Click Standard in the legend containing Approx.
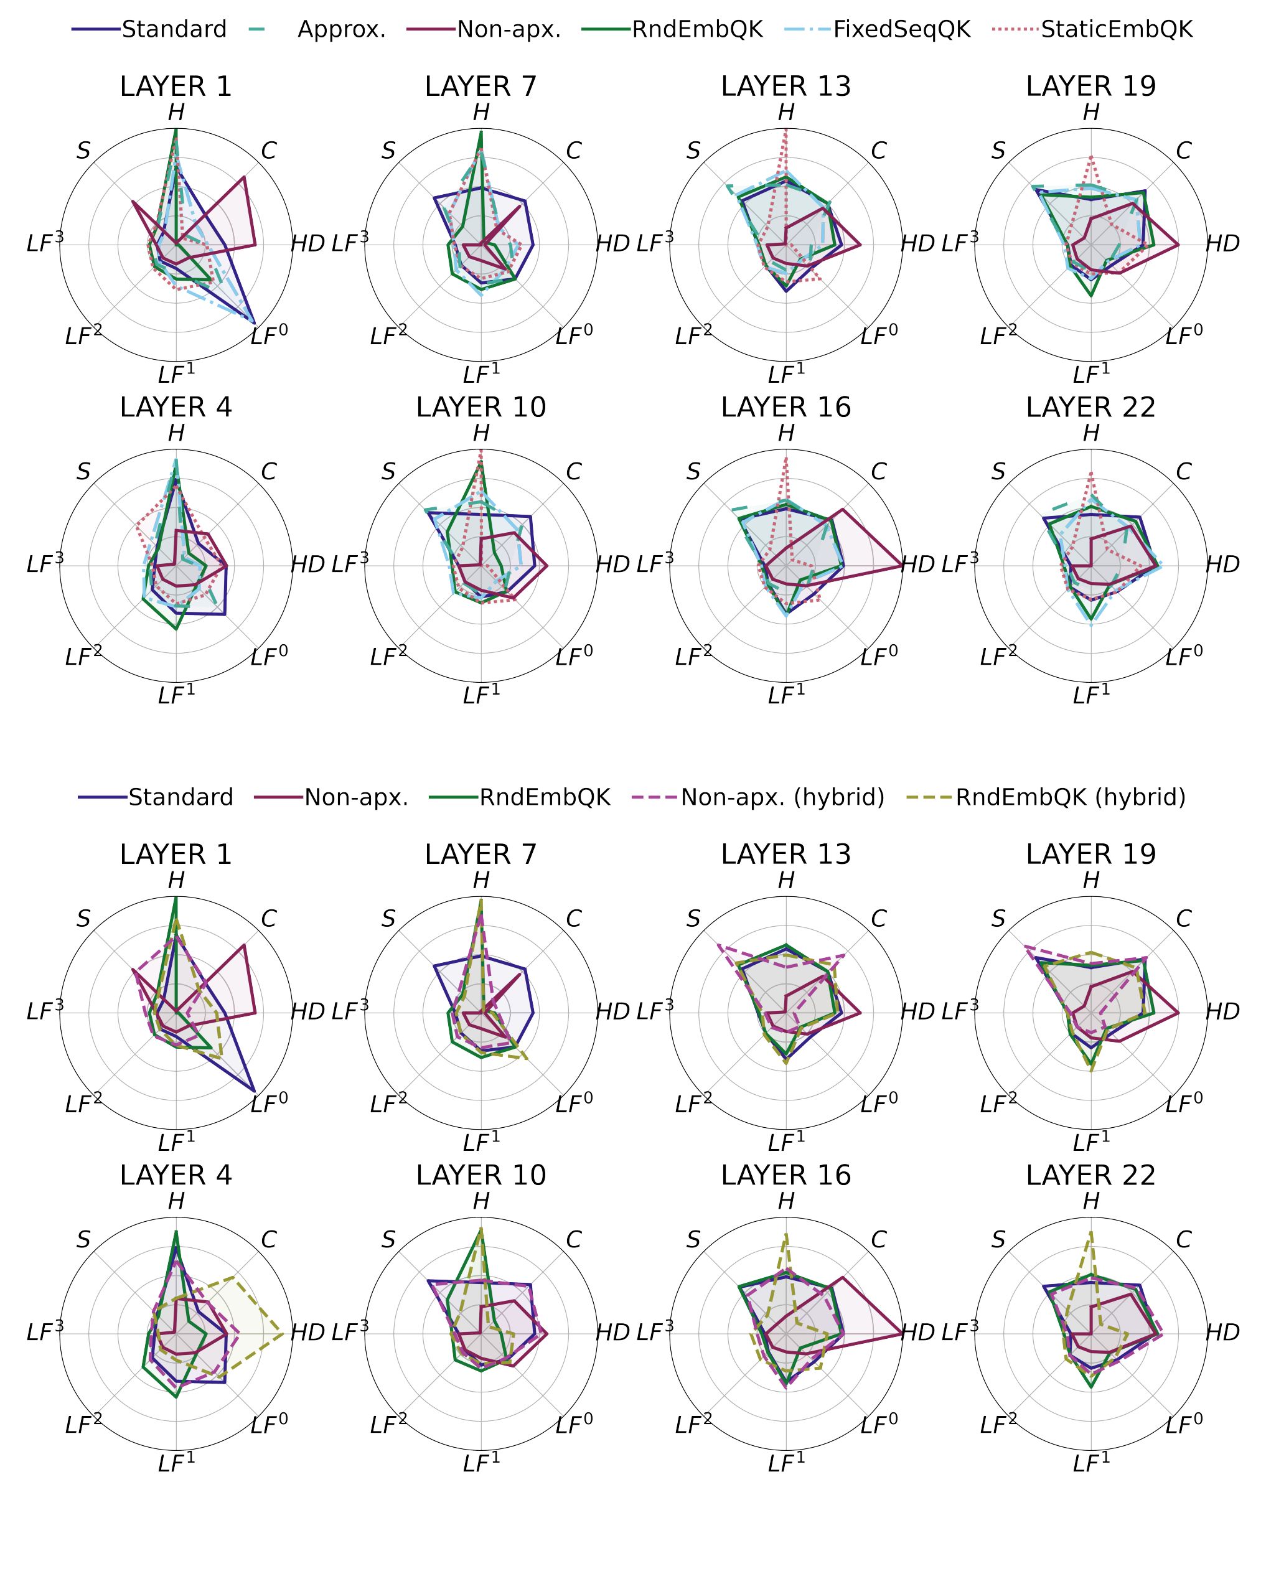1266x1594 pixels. [174, 30]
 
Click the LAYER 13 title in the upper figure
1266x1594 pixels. [785, 87]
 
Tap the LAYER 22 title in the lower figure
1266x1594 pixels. [1090, 1174]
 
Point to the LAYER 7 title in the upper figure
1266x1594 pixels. [481, 87]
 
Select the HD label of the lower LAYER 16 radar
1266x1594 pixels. [917, 1333]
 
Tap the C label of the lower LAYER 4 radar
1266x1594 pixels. [268, 1240]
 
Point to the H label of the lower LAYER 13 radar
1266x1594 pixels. [785, 881]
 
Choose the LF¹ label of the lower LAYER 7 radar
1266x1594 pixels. [481, 1142]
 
